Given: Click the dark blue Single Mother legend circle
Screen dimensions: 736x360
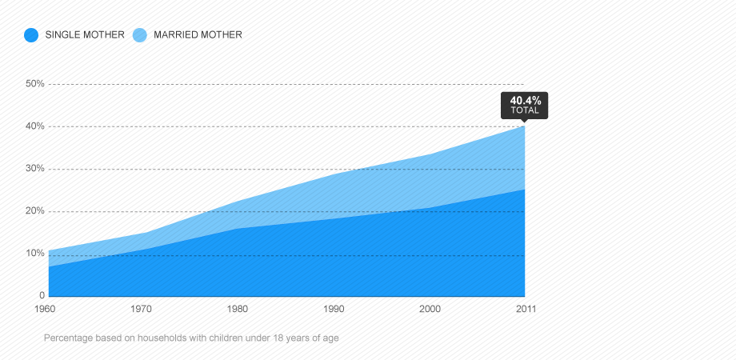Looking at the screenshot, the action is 31,34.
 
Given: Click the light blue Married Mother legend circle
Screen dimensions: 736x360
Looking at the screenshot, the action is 140,34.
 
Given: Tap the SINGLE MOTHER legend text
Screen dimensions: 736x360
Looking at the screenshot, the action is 85,34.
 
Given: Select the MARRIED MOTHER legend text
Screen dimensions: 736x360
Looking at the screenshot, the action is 198,34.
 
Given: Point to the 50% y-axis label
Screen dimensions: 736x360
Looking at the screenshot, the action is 34,83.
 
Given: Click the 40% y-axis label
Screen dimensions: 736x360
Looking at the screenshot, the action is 34,126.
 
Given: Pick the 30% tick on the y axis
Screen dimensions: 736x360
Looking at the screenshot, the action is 34,169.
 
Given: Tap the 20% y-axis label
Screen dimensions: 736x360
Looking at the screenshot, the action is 34,210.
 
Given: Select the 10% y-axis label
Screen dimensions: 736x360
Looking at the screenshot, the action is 34,254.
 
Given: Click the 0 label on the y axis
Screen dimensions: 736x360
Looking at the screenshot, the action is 42,295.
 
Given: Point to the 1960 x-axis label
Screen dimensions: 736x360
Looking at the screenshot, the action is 45,309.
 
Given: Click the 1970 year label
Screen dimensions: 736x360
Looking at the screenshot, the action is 142,309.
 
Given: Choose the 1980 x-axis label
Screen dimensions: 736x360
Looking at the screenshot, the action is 238,309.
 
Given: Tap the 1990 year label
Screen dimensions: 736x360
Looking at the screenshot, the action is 334,309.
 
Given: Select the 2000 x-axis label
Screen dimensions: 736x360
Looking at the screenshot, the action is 430,309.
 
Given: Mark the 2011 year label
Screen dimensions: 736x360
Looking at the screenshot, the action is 526,309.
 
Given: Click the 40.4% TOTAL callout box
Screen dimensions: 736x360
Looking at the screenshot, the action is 524,106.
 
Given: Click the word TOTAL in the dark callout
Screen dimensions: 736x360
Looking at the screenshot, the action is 525,110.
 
